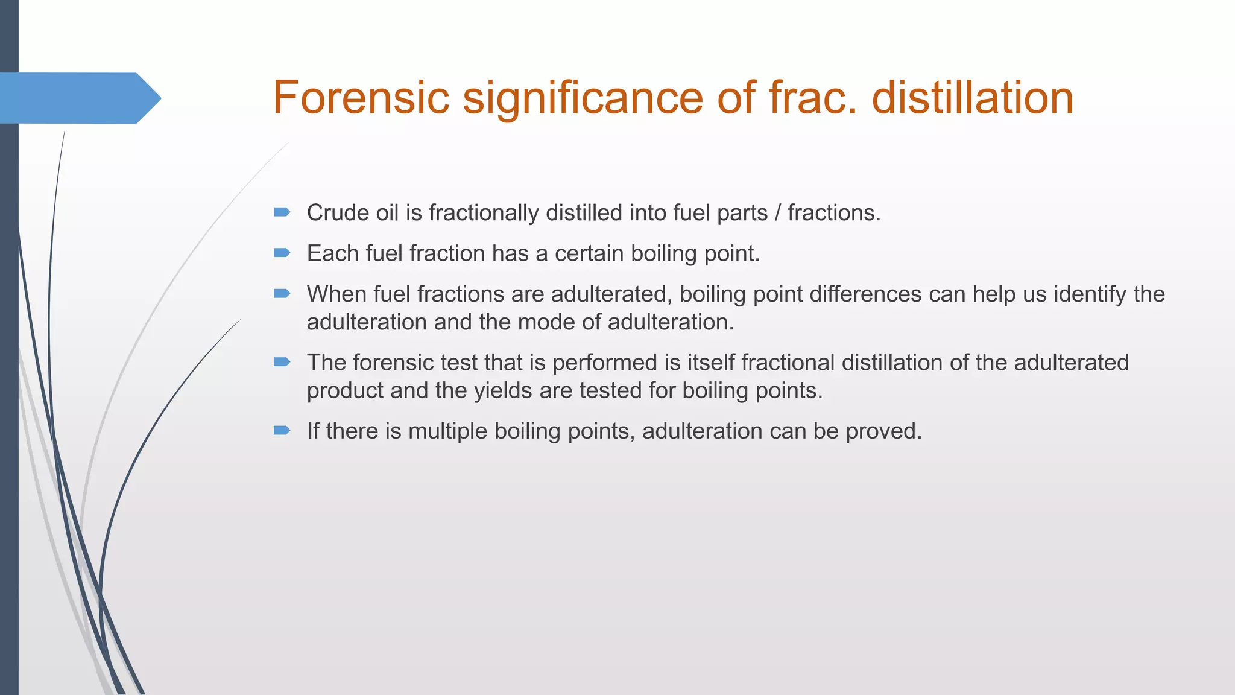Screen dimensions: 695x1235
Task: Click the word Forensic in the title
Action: point(361,98)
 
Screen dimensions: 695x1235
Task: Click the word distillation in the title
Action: point(973,98)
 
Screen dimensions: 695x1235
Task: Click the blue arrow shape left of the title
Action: point(78,98)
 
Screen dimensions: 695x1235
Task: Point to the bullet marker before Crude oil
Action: point(282,212)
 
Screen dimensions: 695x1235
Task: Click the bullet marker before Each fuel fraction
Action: point(282,253)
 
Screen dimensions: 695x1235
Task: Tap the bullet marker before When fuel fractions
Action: point(282,294)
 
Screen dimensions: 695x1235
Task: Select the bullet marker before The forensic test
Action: point(282,362)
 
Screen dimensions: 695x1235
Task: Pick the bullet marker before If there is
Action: point(282,430)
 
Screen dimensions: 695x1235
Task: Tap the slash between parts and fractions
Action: point(778,213)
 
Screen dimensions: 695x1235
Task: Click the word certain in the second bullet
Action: point(589,254)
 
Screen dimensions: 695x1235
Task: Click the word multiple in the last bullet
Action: point(447,431)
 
